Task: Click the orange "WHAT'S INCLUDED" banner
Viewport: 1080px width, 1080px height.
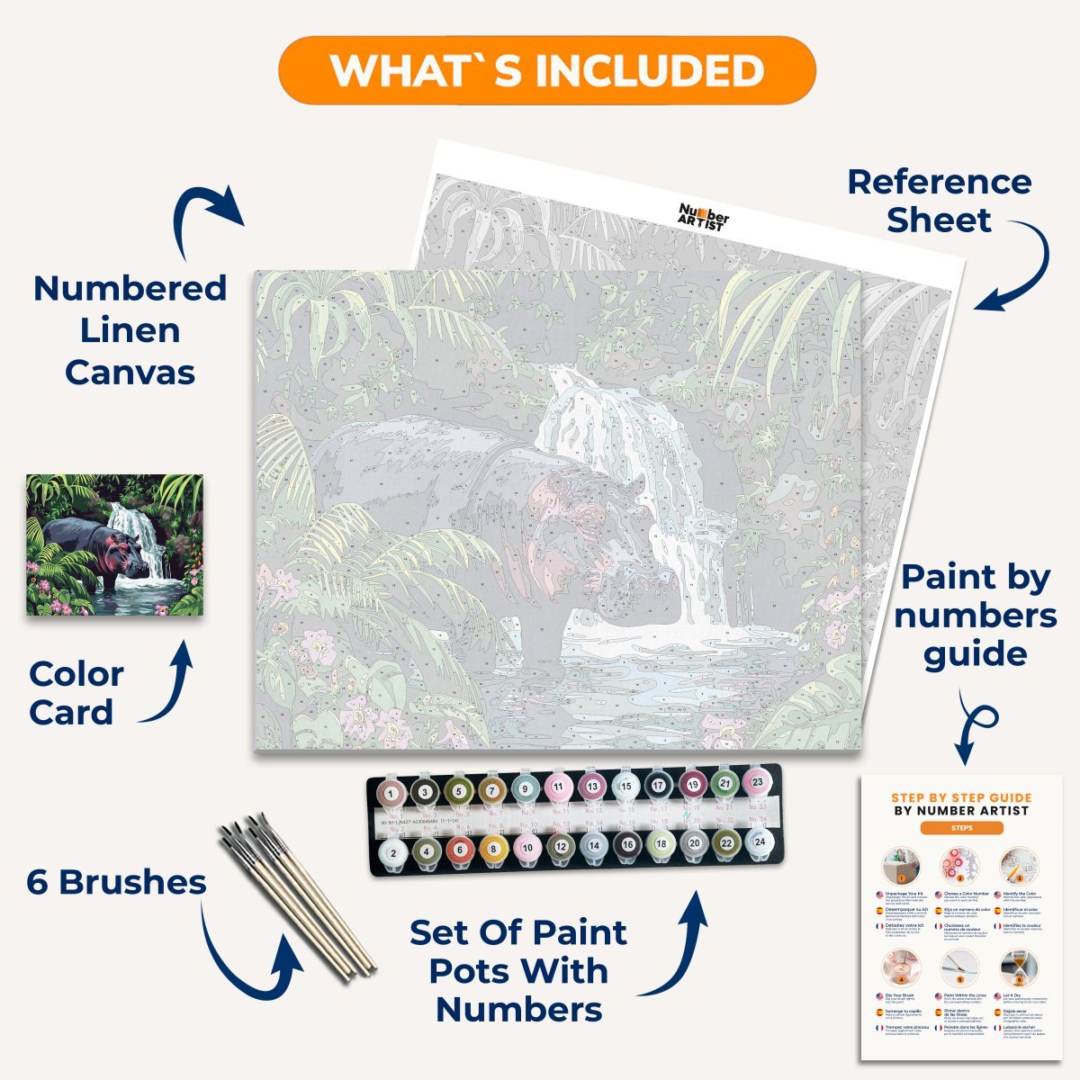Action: click(x=546, y=70)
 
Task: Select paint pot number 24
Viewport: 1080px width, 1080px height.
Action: click(x=760, y=842)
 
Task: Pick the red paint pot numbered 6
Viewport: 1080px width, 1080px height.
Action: click(x=459, y=848)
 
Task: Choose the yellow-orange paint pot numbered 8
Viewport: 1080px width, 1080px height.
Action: click(x=493, y=848)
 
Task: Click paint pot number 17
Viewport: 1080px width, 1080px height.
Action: click(x=658, y=787)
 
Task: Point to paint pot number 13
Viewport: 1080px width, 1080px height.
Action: click(x=592, y=787)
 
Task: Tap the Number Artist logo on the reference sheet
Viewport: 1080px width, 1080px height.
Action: click(x=703, y=217)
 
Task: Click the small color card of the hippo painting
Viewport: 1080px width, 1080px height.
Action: click(x=114, y=544)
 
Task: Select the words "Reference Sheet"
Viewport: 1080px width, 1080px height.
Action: click(x=940, y=201)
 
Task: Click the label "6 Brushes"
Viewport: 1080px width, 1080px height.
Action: click(x=117, y=882)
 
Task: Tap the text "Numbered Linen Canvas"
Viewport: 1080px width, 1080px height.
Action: click(x=130, y=330)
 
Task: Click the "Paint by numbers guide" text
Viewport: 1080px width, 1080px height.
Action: click(x=976, y=616)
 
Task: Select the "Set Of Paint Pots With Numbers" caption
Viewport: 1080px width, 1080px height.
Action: click(x=519, y=971)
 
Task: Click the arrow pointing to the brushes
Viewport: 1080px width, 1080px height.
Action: click(x=252, y=954)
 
